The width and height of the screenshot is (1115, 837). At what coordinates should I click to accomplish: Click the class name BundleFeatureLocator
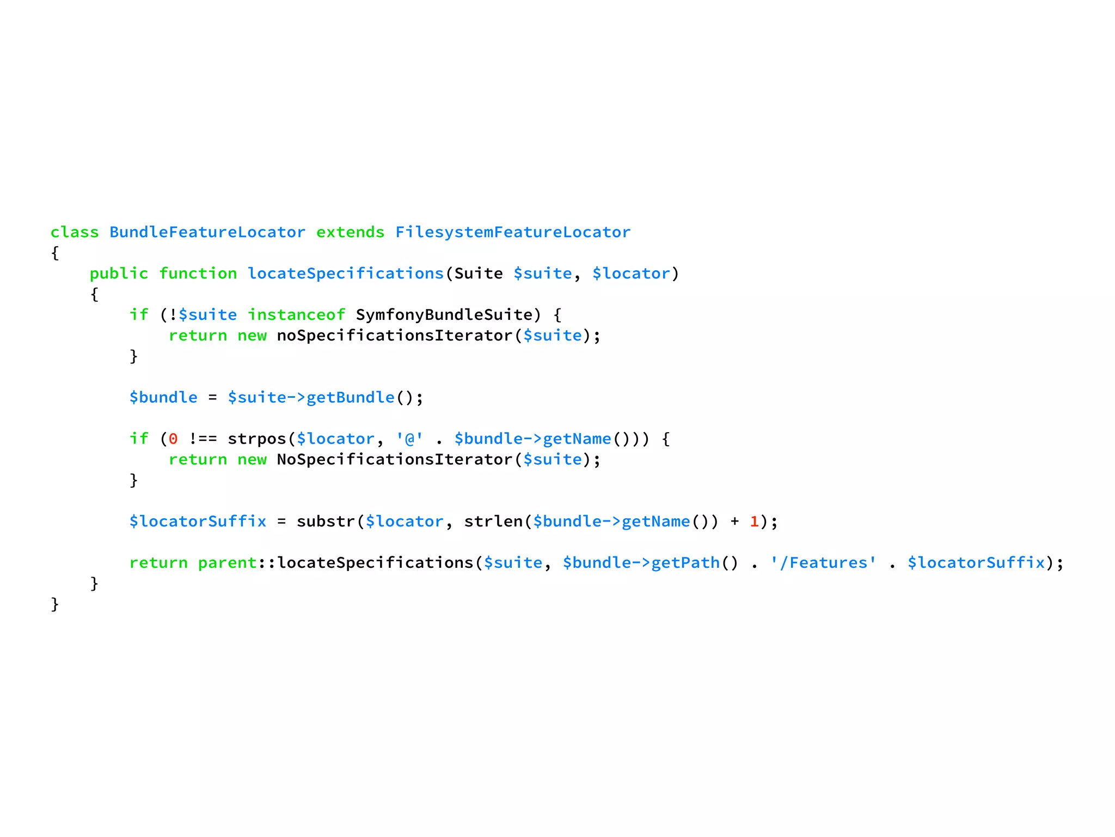coord(207,232)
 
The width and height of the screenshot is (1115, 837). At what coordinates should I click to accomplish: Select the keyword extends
coord(350,232)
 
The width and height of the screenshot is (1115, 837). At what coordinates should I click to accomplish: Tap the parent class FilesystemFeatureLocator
coord(512,232)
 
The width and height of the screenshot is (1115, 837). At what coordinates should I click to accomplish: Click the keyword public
coord(119,274)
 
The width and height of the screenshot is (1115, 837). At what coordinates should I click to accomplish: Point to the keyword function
coord(198,274)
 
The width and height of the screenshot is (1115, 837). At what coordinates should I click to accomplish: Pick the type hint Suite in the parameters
coord(478,274)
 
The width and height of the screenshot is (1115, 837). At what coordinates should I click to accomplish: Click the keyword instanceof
coord(296,315)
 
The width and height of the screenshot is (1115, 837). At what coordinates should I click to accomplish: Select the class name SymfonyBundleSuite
coord(444,315)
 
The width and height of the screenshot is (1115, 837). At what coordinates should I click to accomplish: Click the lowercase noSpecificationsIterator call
coord(394,336)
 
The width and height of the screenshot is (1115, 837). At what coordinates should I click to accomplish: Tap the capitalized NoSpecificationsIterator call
coord(394,460)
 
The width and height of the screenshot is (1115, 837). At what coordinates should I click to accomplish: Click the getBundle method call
coord(350,398)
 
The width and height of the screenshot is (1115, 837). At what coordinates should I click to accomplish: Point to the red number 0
coord(173,439)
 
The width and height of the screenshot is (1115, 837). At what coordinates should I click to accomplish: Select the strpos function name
coord(256,439)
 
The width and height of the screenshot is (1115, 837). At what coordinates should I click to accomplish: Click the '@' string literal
coord(409,439)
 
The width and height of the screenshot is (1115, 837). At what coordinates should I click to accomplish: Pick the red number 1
coord(754,522)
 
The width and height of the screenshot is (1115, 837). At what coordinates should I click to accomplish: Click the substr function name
coord(326,522)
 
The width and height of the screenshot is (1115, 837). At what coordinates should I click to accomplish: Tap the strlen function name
coord(493,522)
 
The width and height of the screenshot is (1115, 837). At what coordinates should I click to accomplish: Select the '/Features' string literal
coord(823,563)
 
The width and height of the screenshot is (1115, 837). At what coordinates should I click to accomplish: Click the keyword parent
coord(227,563)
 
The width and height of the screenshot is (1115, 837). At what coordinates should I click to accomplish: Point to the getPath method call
coord(685,563)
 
